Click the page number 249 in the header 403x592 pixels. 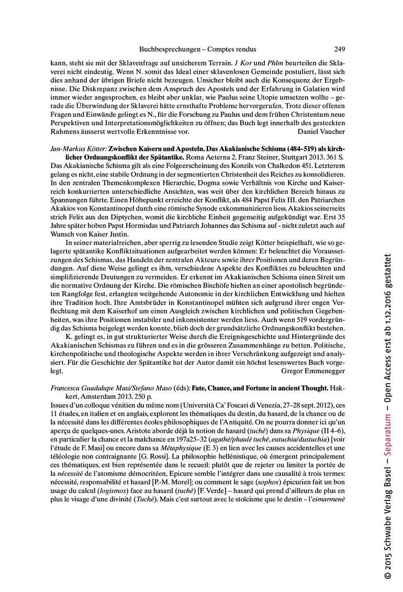click(x=339, y=49)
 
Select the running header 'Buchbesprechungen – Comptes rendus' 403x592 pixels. click(x=197, y=49)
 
